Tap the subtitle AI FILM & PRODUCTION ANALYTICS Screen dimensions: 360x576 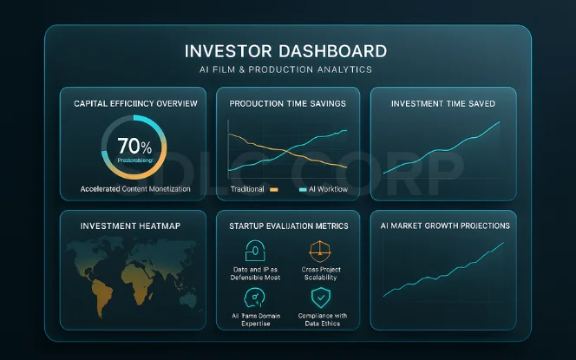click(287, 69)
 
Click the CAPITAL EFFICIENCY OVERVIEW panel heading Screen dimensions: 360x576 click(134, 104)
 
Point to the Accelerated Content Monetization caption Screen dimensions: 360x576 click(134, 188)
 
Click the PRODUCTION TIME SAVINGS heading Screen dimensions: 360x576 click(288, 104)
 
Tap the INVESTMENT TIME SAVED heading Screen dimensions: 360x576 click(443, 104)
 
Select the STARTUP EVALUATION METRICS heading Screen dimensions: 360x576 click(288, 226)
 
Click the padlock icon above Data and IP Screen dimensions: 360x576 click(256, 251)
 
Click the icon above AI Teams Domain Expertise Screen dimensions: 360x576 click(256, 298)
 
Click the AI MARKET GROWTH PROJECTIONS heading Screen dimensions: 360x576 click(444, 226)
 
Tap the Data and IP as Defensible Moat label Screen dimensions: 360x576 click(256, 272)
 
